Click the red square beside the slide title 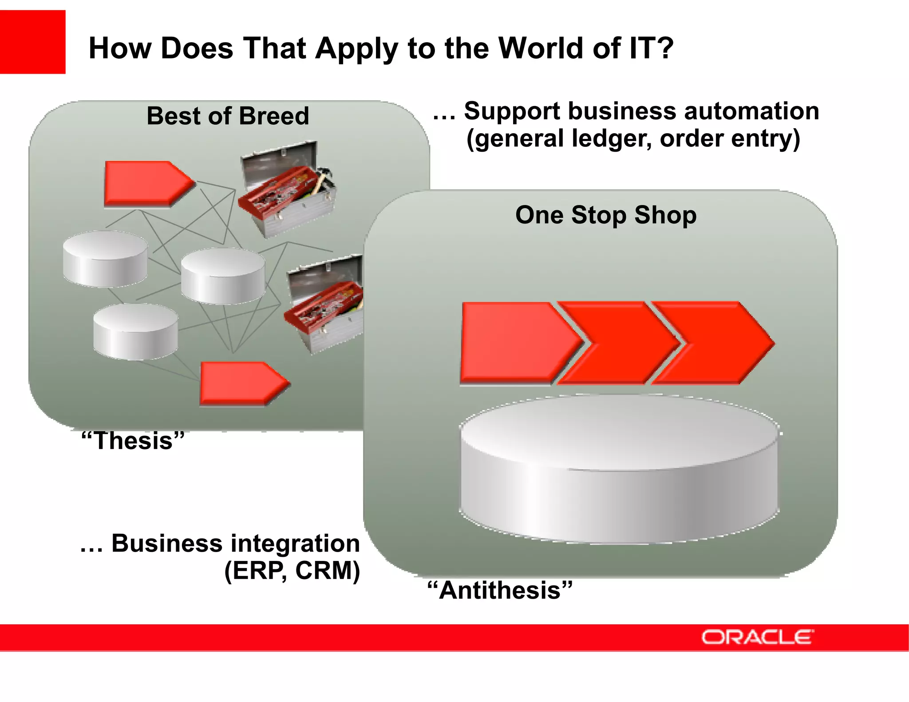pyautogui.click(x=32, y=42)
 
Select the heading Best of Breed pyautogui.click(x=228, y=116)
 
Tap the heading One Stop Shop pyautogui.click(x=606, y=215)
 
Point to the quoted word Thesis pyautogui.click(x=133, y=441)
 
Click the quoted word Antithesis pyautogui.click(x=500, y=591)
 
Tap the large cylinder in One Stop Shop pyautogui.click(x=619, y=470)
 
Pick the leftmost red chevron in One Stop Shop pyautogui.click(x=515, y=343)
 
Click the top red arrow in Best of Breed pyautogui.click(x=146, y=183)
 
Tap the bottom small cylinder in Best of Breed pyautogui.click(x=135, y=332)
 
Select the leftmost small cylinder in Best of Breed pyautogui.click(x=105, y=259)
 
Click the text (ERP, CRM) pyautogui.click(x=292, y=571)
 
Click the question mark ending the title pyautogui.click(x=664, y=48)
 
